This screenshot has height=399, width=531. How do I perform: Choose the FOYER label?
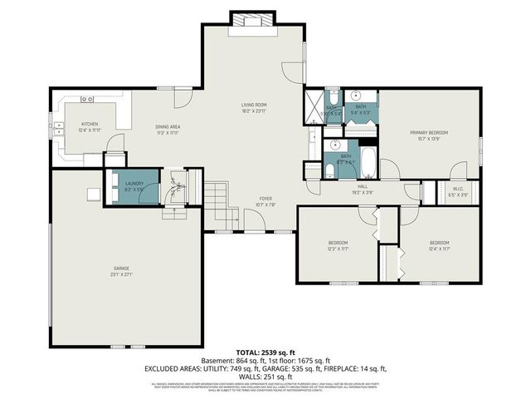coord(265,199)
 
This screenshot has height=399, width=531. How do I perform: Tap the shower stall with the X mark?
coord(313,107)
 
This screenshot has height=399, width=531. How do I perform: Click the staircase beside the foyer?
coord(216,205)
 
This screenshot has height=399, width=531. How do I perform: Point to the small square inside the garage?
coord(93,195)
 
